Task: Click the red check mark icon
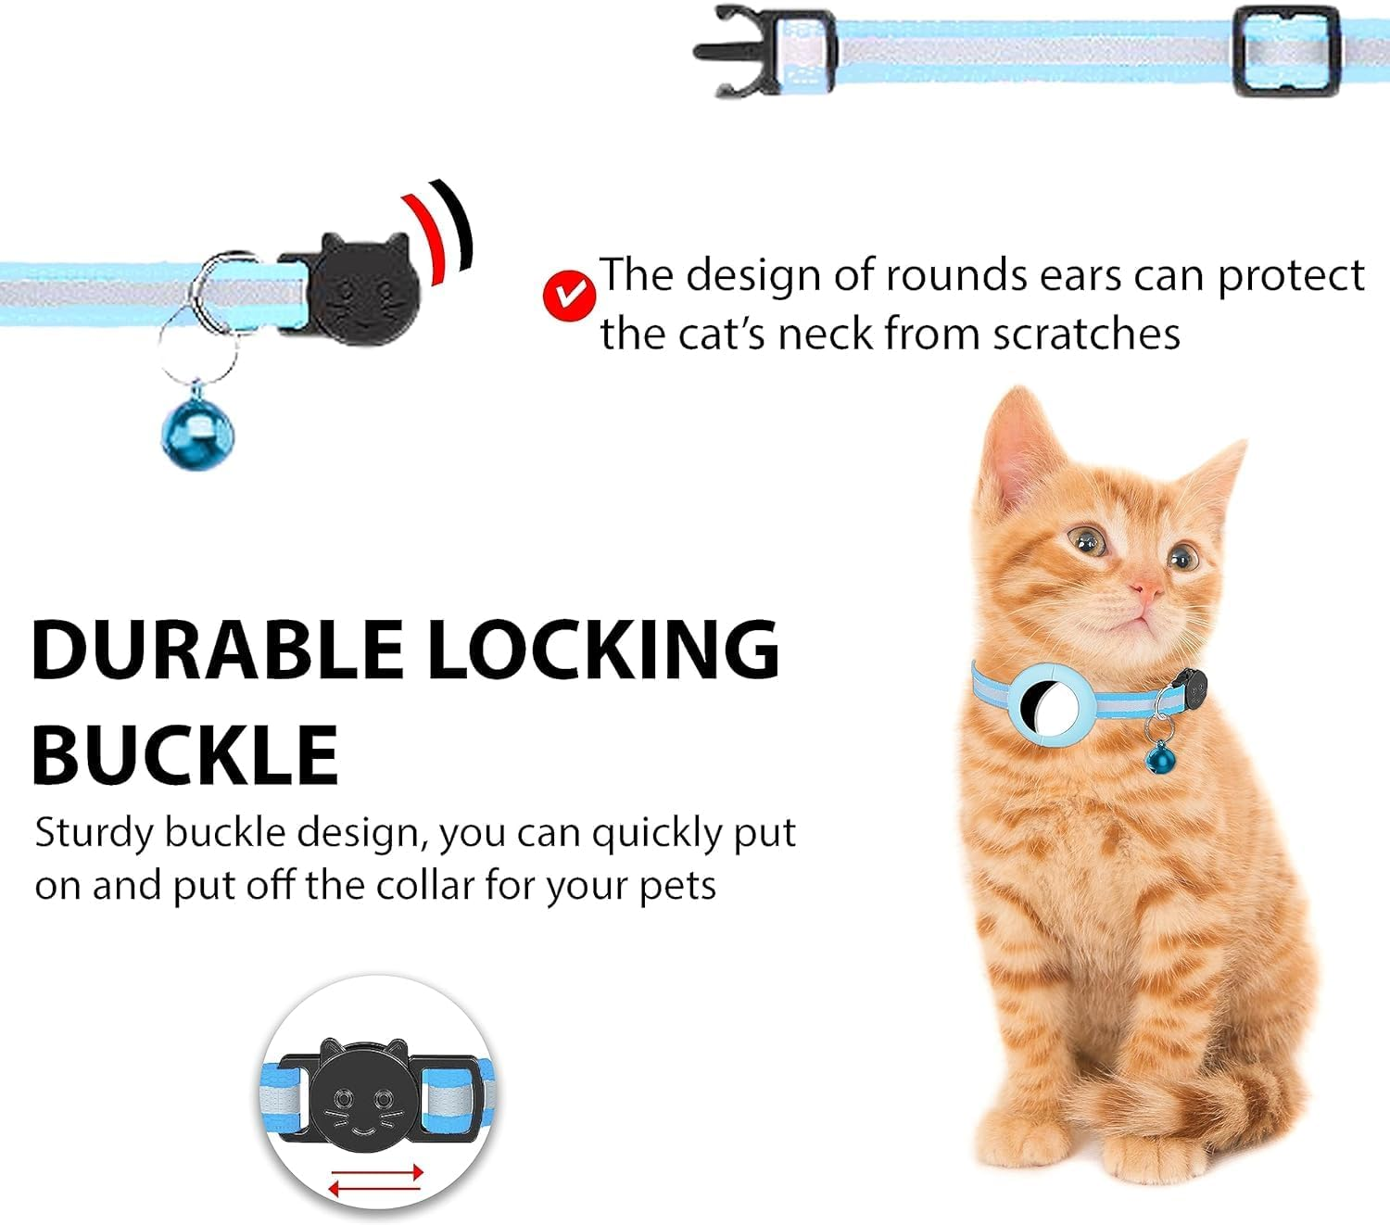[x=568, y=296]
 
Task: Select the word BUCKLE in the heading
[x=185, y=754]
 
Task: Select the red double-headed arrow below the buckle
[x=376, y=1180]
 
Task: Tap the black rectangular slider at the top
[x=1286, y=51]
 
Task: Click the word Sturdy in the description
[x=94, y=833]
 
